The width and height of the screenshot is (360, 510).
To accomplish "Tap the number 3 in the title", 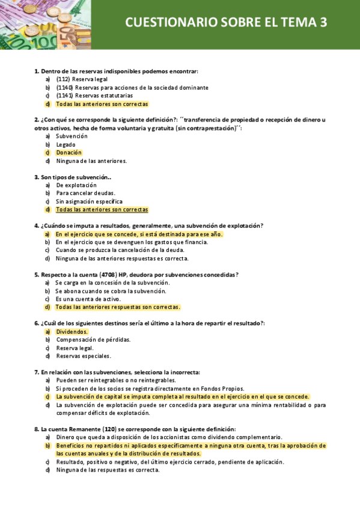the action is (323, 23).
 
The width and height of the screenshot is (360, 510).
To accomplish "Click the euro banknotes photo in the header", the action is (36, 24).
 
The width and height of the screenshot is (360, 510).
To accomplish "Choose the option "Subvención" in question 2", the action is (72, 136).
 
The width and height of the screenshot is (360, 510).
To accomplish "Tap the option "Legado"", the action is (66, 144).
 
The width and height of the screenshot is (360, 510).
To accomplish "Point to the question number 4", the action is (37, 226).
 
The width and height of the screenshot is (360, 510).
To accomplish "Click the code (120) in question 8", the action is (109, 429).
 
